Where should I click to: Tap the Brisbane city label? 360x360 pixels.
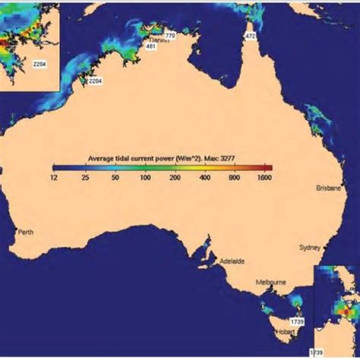pyautogui.click(x=330, y=186)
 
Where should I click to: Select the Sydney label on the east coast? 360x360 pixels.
pyautogui.click(x=310, y=247)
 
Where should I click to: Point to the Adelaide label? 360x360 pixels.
pyautogui.click(x=232, y=261)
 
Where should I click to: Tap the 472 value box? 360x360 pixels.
pyautogui.click(x=250, y=36)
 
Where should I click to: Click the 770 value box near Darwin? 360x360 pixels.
pyautogui.click(x=169, y=36)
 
